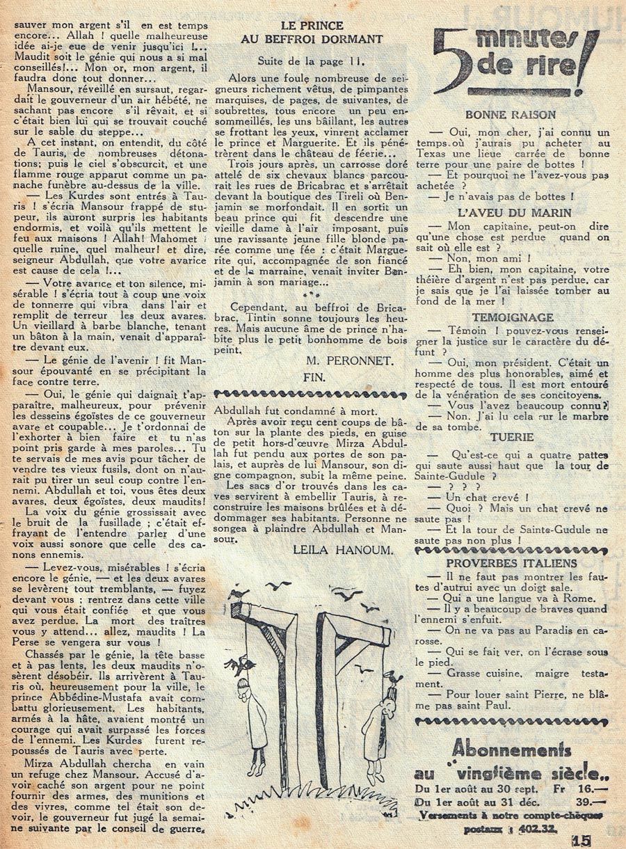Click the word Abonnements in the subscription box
coord(511,749)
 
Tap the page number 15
coord(583,840)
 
